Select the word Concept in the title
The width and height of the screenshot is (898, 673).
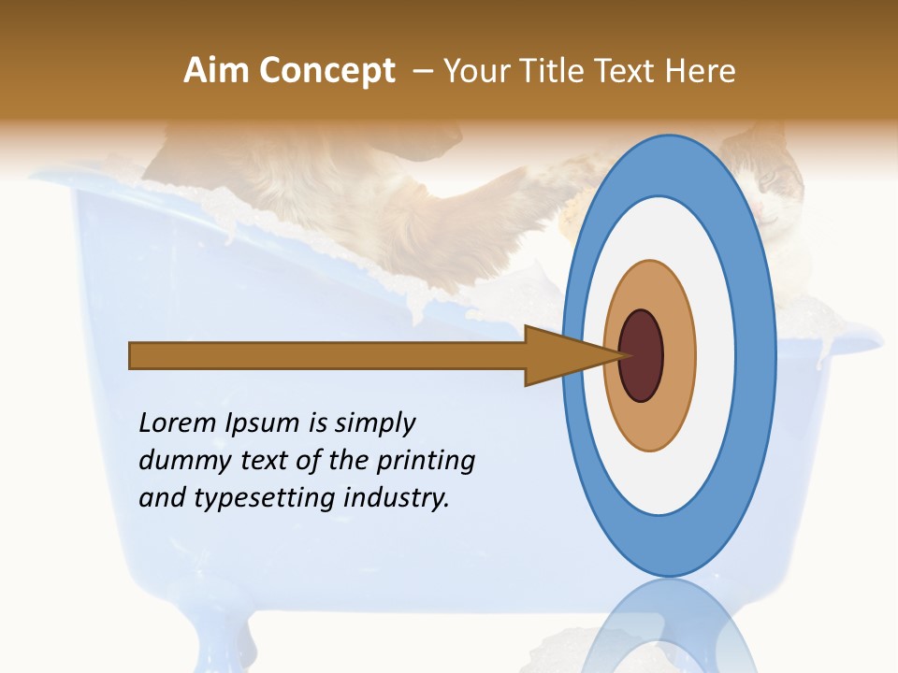[x=327, y=71]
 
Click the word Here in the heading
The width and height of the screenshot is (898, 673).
[x=700, y=71]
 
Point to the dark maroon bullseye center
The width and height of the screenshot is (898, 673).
[x=641, y=355]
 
